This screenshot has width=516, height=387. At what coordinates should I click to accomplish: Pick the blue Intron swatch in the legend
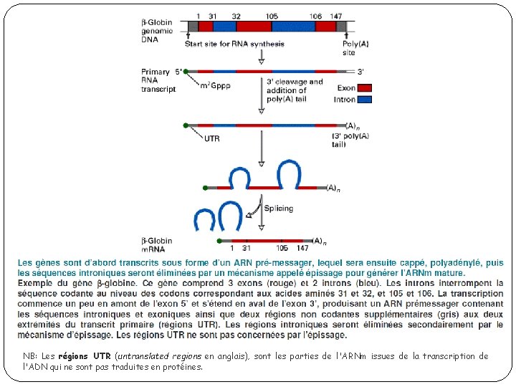(x=364, y=100)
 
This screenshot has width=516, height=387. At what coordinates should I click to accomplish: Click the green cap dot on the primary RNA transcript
(x=186, y=72)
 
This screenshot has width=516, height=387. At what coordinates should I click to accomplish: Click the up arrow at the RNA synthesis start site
(x=188, y=36)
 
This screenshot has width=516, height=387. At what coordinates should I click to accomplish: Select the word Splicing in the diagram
(x=279, y=209)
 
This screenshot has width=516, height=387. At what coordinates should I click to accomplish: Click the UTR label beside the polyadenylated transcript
(x=212, y=139)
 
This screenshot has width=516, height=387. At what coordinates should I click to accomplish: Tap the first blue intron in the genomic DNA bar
(x=224, y=26)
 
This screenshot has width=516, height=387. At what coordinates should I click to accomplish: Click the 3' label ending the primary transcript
(x=361, y=72)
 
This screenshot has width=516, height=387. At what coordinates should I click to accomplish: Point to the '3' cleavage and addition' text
(x=295, y=86)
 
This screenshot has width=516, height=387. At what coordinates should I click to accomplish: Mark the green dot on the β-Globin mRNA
(x=215, y=241)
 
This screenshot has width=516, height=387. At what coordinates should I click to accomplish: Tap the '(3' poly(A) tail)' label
(x=350, y=140)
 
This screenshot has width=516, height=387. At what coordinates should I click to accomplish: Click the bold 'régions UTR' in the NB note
(x=84, y=356)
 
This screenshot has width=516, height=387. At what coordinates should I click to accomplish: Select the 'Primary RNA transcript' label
(x=158, y=80)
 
